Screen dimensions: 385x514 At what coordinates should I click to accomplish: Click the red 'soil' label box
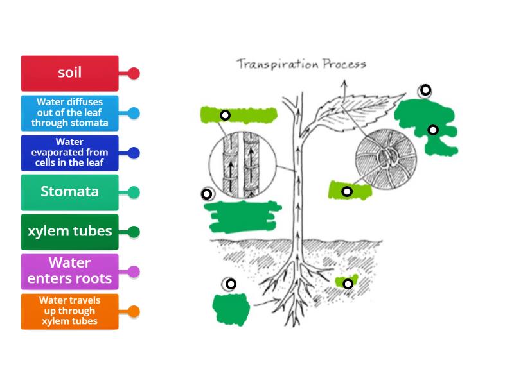pos(69,73)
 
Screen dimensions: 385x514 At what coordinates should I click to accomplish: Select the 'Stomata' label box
pos(69,192)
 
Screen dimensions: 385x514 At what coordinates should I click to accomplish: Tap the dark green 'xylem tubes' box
pos(69,232)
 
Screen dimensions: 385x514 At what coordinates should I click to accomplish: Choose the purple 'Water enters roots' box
pos(69,271)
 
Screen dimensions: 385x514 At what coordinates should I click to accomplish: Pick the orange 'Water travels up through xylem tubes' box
pos(69,311)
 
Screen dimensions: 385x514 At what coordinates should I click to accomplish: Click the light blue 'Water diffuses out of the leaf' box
pos(69,113)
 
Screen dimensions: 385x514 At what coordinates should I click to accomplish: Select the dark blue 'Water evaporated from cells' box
pos(69,153)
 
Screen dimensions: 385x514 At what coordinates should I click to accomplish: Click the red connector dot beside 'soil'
pos(134,73)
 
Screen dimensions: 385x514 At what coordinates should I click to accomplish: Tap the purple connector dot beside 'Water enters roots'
pos(134,271)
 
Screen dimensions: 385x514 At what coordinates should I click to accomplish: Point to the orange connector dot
pos(134,311)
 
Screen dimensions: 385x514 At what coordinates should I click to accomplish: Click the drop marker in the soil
pos(348,284)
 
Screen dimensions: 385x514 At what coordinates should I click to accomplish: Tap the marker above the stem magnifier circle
pos(225,116)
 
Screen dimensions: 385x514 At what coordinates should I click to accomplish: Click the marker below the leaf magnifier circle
pos(347,191)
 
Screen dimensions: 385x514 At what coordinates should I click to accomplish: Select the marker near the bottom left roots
pos(230,284)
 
